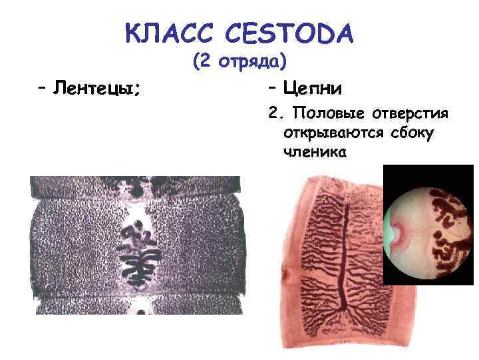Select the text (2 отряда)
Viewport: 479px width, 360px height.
tap(239, 61)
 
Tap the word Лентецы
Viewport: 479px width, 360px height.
tap(96, 87)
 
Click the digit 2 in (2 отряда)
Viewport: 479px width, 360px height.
tap(204, 61)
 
